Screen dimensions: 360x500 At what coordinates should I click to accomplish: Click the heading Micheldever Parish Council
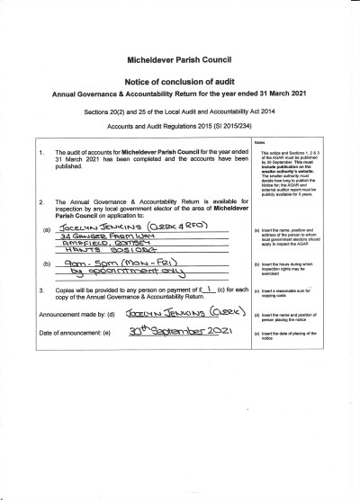click(x=180, y=56)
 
